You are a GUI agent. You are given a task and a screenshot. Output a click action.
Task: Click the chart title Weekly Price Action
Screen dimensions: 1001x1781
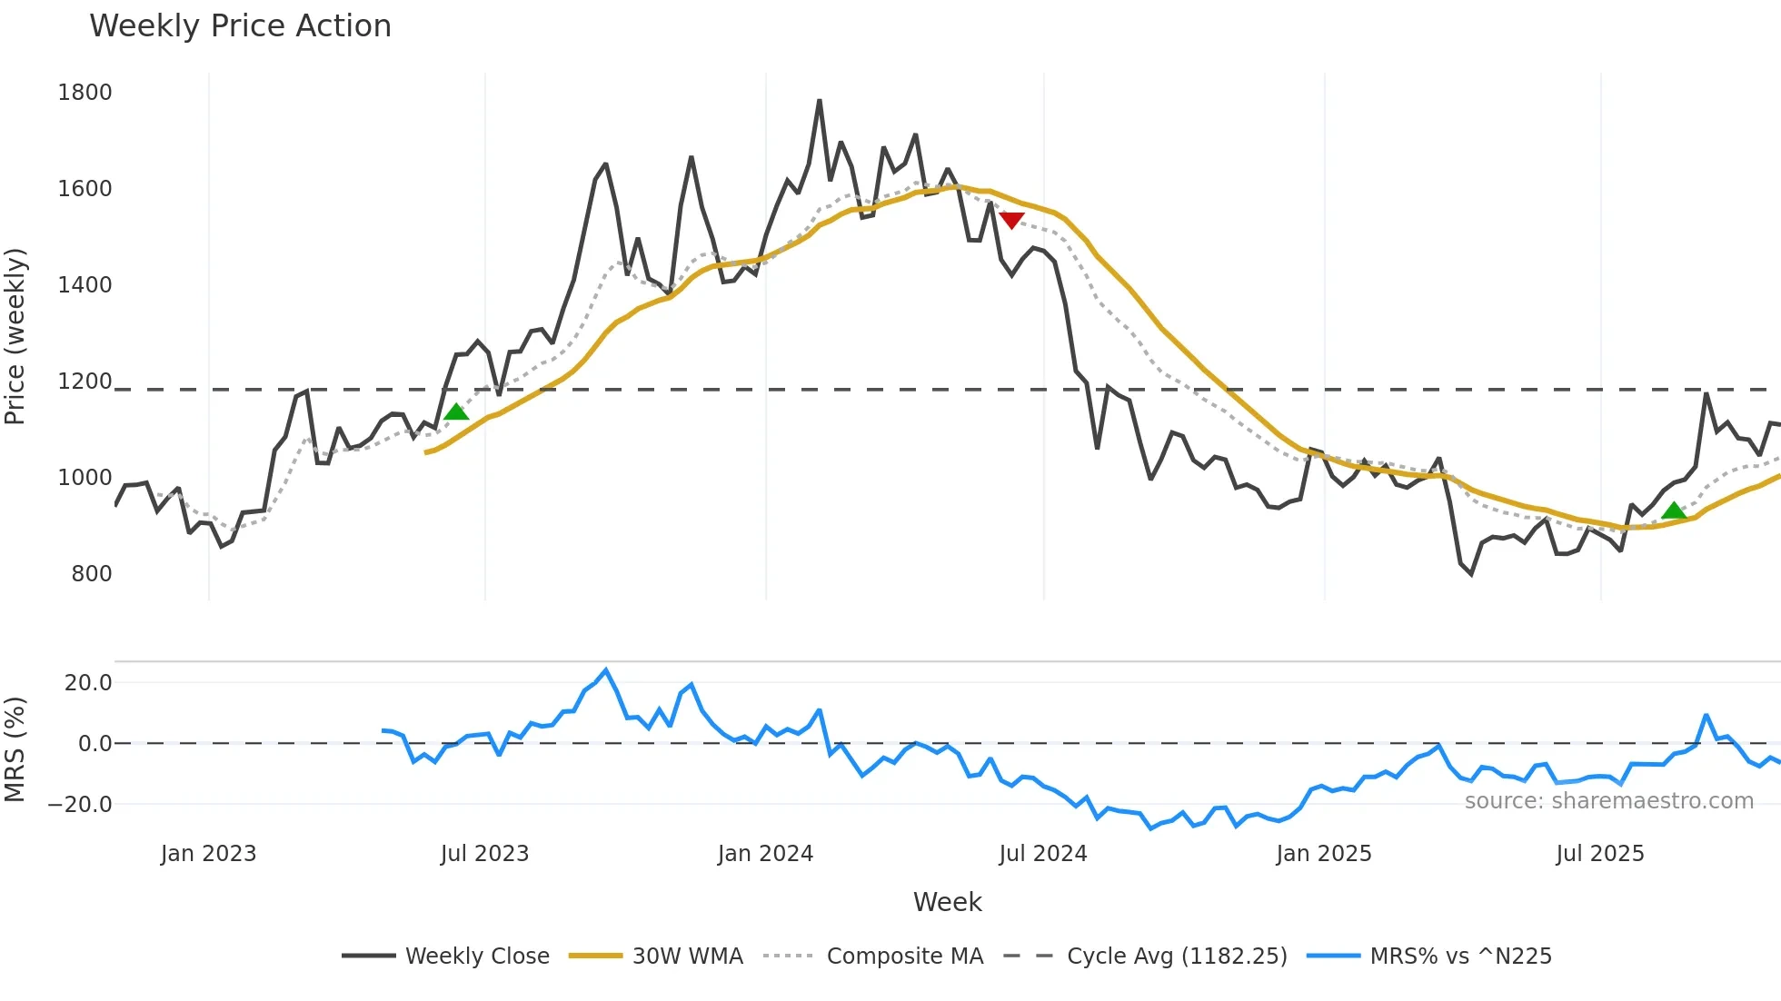pos(240,26)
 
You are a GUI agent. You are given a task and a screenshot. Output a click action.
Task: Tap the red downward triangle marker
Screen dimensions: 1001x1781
pos(1011,220)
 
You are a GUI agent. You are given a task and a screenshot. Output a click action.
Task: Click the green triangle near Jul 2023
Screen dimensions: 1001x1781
pos(456,412)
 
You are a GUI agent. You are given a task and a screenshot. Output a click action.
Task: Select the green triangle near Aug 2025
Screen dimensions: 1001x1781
pos(1674,510)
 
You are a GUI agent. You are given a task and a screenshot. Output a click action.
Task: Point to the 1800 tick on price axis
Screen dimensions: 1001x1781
pos(85,93)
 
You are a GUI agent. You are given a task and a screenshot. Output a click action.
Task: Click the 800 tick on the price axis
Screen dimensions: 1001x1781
pos(91,574)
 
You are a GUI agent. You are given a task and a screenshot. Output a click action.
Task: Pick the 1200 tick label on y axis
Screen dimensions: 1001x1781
pos(85,382)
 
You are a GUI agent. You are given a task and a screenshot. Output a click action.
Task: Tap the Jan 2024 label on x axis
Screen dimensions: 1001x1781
pos(765,854)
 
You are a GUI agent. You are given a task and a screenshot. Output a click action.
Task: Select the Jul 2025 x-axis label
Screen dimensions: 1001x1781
pos(1599,854)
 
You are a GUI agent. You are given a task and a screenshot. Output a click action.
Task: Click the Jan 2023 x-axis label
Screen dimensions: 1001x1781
pos(208,854)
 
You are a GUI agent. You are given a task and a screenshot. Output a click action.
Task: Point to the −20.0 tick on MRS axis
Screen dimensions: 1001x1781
pos(80,805)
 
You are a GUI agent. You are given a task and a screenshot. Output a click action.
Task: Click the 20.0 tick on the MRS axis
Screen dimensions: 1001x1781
pos(87,683)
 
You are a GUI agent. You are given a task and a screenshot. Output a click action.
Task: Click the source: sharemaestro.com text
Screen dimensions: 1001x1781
pos(1608,801)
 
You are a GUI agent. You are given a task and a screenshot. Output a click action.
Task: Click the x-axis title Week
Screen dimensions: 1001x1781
pos(947,902)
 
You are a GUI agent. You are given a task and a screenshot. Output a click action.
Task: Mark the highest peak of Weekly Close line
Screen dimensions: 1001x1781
pos(820,101)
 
